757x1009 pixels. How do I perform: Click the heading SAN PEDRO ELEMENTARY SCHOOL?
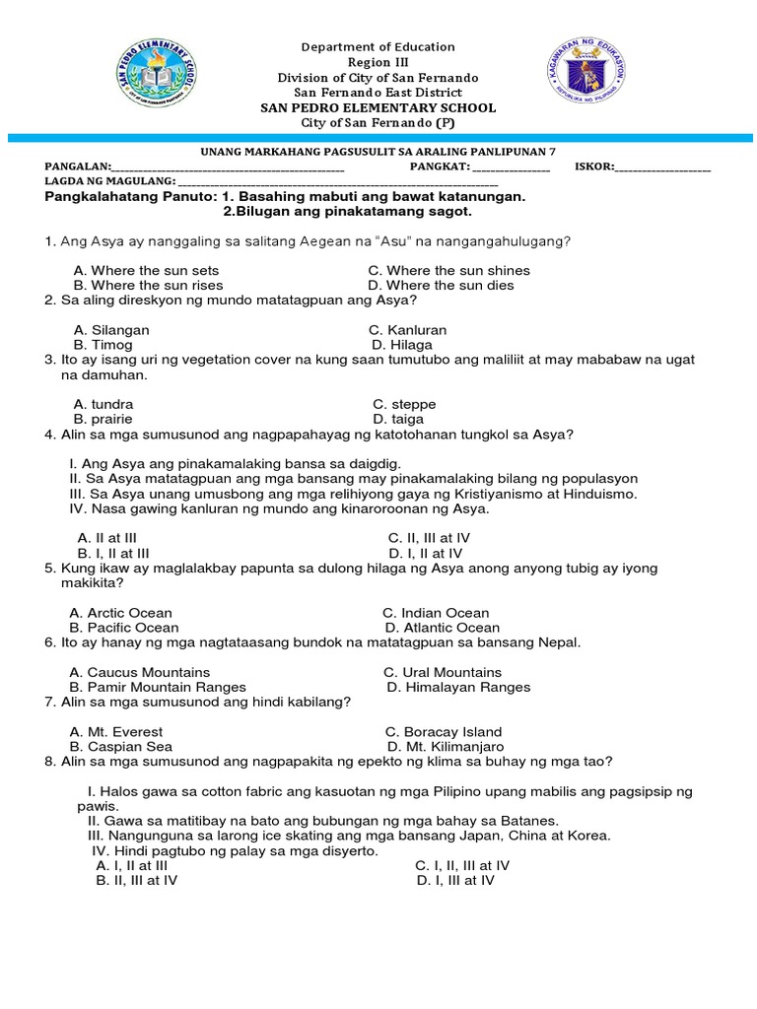pos(378,107)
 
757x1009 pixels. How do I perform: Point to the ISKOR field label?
pos(593,167)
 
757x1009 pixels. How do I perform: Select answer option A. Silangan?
pos(111,330)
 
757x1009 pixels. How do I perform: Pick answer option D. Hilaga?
pos(402,345)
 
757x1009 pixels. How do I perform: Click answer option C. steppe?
pos(404,404)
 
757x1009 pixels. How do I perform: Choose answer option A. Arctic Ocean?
pos(120,613)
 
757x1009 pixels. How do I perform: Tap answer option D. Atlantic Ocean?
pos(443,628)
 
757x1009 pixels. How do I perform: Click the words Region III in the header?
pos(378,62)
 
